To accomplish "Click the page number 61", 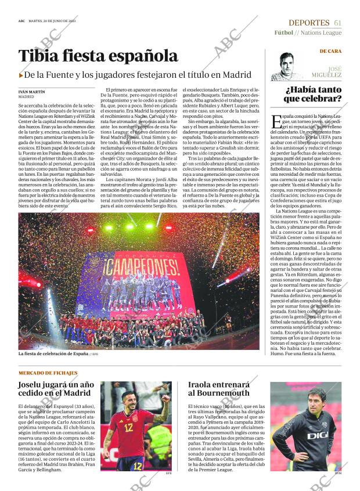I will (337, 22).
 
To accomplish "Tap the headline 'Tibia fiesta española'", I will (98, 56).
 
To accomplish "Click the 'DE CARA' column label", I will (330, 51).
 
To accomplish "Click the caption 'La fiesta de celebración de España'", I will (53, 353).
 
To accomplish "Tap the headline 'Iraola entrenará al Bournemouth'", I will (218, 389).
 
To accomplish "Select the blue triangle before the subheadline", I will (21, 75).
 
